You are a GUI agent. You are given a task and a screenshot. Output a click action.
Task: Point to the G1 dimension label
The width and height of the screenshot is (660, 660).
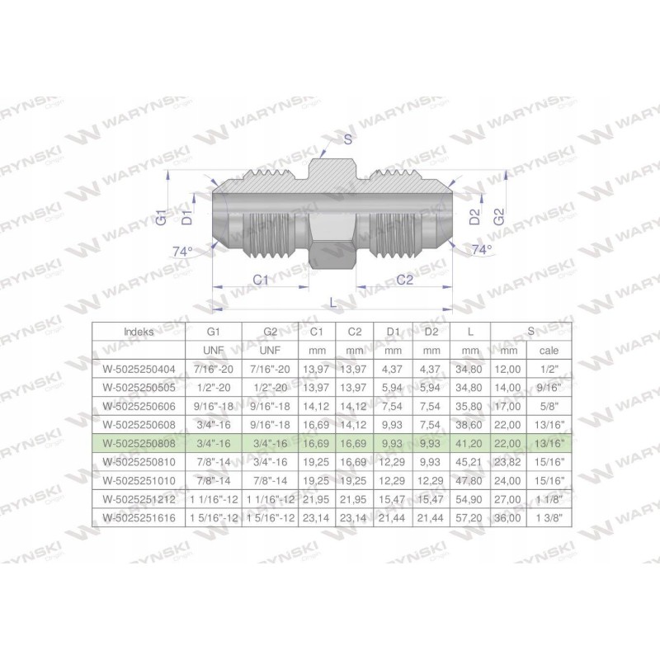(x=163, y=218)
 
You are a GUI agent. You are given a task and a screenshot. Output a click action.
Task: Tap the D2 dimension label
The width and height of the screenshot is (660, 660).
(x=474, y=218)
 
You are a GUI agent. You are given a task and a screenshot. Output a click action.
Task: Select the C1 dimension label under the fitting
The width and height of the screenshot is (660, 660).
(x=261, y=280)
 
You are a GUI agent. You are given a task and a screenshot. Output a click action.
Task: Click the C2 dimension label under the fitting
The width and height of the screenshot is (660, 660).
(x=404, y=280)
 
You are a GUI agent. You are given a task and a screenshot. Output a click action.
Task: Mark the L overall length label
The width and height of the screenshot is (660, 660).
(x=332, y=303)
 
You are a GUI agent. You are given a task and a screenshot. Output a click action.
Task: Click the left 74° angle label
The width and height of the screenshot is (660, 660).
(x=182, y=251)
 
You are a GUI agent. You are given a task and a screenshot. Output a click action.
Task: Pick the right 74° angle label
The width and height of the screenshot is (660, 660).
(x=482, y=248)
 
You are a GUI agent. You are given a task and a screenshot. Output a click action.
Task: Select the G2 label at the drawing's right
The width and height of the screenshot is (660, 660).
(x=497, y=218)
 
